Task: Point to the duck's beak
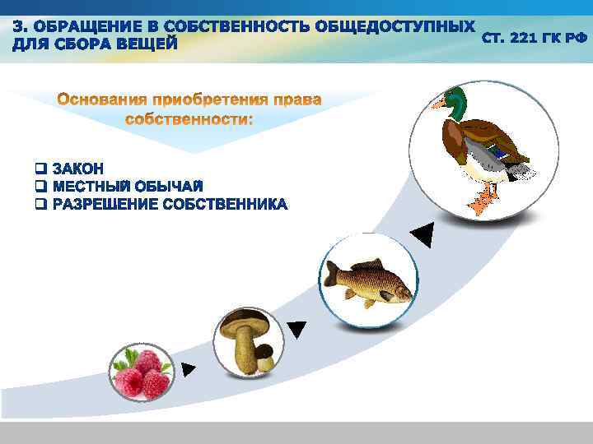pyautogui.click(x=438, y=104)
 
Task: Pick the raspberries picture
pyautogui.click(x=142, y=372)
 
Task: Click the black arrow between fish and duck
pyautogui.click(x=421, y=235)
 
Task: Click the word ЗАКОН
pyautogui.click(x=77, y=169)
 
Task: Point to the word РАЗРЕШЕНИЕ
pyautogui.click(x=104, y=204)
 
